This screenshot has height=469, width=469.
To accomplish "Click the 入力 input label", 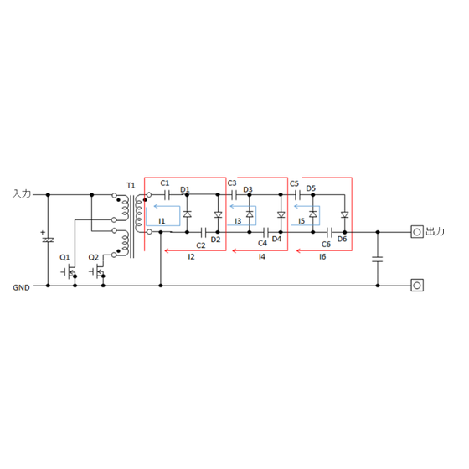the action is point(22,193).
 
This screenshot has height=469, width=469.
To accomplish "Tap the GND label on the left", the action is point(21,287).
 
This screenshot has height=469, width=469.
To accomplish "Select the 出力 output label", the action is point(435,231).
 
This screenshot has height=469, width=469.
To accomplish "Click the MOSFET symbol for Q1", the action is point(70,271).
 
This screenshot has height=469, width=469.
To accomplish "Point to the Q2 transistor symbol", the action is point(97,271).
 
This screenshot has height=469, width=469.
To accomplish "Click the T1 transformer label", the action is point(131,185).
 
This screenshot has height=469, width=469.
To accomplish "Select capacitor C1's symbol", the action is point(167,195).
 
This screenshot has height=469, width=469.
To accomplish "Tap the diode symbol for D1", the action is point(188,214).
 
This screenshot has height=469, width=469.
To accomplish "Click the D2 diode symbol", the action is point(218,214).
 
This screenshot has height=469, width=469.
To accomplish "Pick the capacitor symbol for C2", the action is point(204,232).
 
